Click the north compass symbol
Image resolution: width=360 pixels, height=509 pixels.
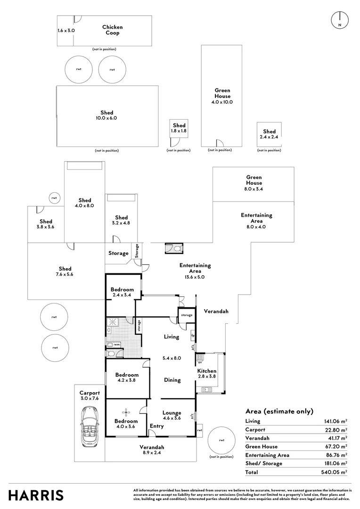339,19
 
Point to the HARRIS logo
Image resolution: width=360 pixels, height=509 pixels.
36,495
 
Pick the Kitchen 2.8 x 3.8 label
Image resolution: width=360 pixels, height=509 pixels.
206,374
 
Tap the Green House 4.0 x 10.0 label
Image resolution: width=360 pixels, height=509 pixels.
222,96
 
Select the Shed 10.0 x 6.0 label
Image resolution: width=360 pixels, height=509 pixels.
107,115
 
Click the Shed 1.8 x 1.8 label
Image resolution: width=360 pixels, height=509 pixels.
179,129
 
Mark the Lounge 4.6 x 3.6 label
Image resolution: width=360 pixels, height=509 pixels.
172,416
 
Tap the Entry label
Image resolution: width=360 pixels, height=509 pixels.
156,426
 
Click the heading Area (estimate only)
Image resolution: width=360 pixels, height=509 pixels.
279,411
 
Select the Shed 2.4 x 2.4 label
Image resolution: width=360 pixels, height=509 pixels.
269,134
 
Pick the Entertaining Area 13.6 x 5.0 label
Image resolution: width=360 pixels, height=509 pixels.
195,268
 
